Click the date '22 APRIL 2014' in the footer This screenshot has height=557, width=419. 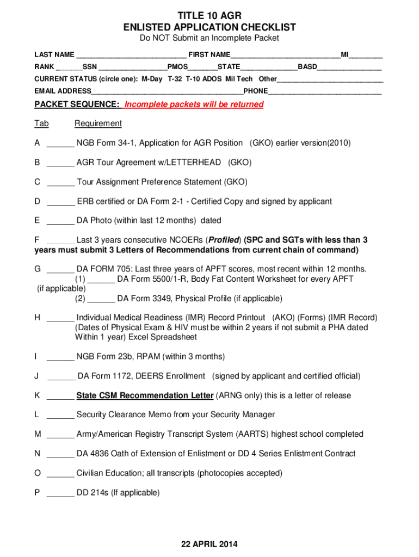209,544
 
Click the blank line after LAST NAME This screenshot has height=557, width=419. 131,55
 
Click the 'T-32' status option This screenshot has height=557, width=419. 175,79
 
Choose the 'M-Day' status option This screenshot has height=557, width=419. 152,79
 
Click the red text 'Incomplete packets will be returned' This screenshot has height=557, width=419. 194,104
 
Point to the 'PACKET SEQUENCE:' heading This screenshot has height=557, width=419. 77,104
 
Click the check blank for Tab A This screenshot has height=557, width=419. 60,144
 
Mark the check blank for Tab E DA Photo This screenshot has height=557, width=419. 60,221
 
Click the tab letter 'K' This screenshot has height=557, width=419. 37,395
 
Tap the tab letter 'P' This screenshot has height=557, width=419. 37,493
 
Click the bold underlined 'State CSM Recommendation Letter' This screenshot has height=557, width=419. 145,395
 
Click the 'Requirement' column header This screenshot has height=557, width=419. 98,123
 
